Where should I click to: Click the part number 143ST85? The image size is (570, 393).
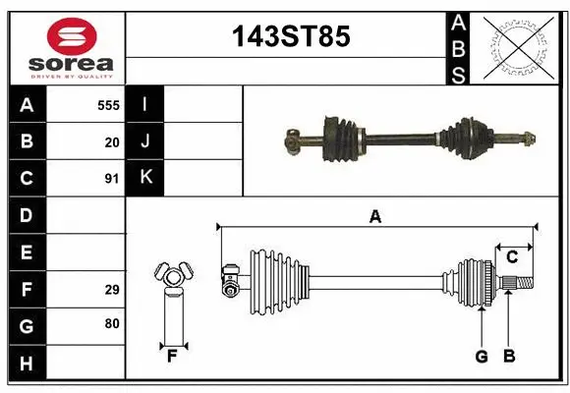(x=289, y=37)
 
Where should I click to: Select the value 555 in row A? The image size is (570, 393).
(x=109, y=105)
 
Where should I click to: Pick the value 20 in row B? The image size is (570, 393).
(x=112, y=141)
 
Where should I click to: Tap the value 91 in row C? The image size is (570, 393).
(x=112, y=179)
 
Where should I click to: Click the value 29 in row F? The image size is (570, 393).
(x=112, y=290)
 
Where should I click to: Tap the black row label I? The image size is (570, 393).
(x=145, y=105)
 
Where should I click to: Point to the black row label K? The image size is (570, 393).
(x=145, y=178)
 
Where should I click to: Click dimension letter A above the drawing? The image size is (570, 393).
(x=374, y=217)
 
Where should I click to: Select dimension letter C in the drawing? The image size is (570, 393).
(x=512, y=257)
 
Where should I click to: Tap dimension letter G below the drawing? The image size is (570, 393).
(x=482, y=357)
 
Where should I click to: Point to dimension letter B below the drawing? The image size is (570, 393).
(x=509, y=357)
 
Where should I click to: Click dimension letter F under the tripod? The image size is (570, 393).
(x=171, y=356)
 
